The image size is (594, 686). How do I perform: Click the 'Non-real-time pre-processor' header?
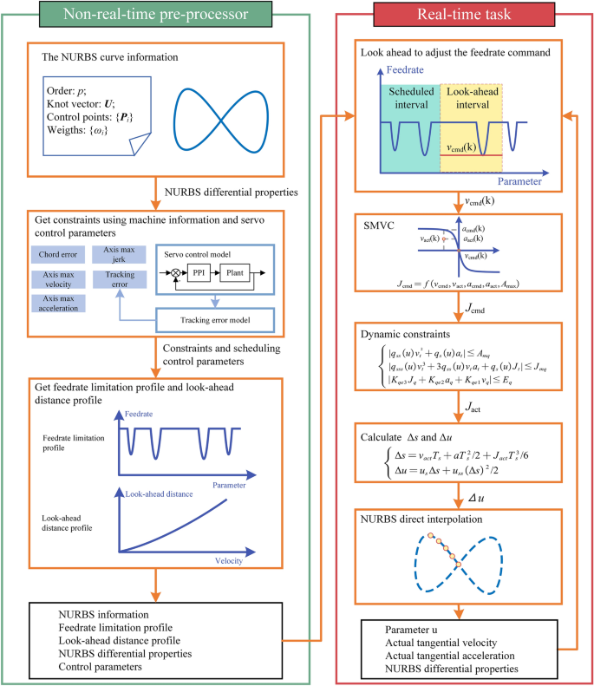pyautogui.click(x=154, y=15)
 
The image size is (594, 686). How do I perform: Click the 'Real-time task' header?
pyautogui.click(x=458, y=15)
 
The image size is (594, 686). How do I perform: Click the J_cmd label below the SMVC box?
pyautogui.click(x=473, y=309)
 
